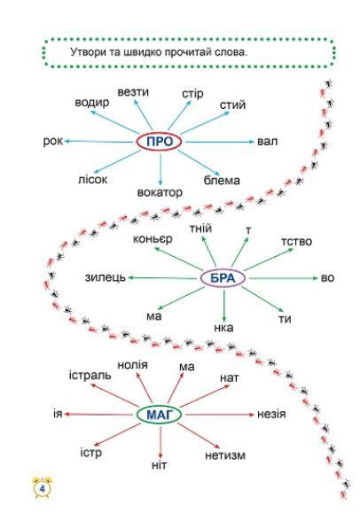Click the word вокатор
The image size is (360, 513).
160,192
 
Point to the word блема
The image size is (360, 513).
222,180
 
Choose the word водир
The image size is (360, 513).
92,103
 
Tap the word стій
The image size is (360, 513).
232,105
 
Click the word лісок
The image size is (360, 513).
92,179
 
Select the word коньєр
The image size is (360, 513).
153,239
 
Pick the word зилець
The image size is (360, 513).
106,277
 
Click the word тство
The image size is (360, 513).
296,242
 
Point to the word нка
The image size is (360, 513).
223,328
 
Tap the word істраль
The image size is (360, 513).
90,375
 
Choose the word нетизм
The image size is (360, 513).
225,455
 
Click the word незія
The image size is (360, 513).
271,414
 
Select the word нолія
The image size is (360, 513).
132,364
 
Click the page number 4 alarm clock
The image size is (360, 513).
43,487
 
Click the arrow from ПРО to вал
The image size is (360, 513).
220,142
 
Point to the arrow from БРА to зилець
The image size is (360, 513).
161,278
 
